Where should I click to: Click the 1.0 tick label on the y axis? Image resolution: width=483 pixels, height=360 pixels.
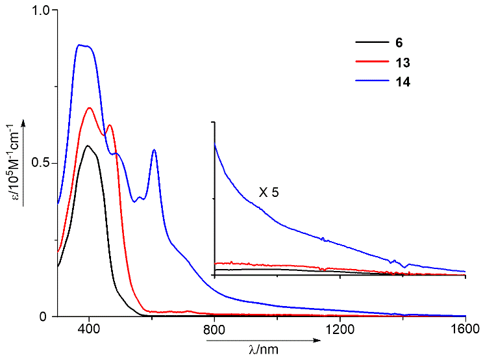40,11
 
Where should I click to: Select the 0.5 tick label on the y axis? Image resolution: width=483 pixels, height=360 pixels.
40,163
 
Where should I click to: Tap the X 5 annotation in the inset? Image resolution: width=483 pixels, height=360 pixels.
268,192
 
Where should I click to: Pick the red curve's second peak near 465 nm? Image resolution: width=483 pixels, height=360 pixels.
109,125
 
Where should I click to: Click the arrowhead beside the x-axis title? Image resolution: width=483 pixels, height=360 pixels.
317,339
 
